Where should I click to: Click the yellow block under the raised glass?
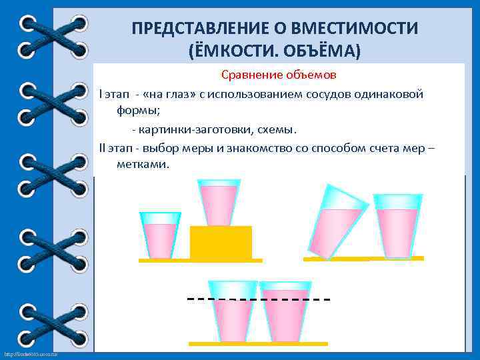pos(221,242)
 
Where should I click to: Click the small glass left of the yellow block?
pos(160,235)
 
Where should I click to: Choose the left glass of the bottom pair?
pos(233,311)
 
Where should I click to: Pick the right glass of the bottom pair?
pos(285,311)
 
